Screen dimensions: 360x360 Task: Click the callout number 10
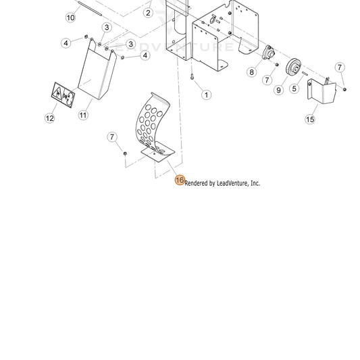coord(71,18)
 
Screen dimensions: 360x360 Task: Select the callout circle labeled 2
coord(148,13)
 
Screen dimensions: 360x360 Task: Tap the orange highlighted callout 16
coord(180,180)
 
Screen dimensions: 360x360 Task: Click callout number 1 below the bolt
coord(207,95)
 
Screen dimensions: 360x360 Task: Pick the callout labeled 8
coord(252,72)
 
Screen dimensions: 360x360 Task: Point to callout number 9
coord(279,90)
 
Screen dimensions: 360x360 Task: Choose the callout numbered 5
coord(294,88)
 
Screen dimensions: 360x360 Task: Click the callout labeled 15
coord(310,120)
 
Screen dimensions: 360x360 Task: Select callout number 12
coord(50,118)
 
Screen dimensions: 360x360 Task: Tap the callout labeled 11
coord(83,115)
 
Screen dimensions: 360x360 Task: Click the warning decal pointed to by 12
coord(63,95)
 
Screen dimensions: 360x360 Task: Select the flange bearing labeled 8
coord(268,53)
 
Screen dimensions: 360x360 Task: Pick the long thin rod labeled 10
coord(90,9)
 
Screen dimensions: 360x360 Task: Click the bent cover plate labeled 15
coord(322,91)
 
